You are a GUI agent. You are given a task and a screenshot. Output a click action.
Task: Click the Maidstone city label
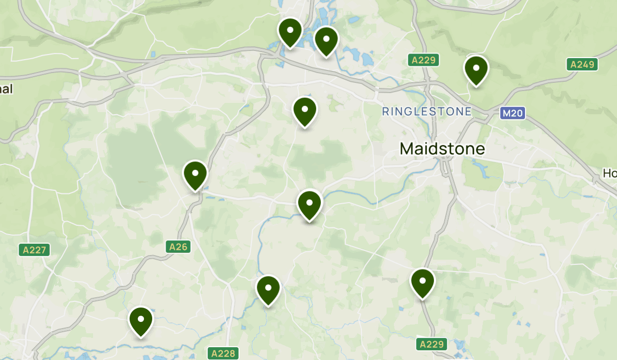pos(442,149)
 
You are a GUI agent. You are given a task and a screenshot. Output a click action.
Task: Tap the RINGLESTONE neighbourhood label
pos(427,111)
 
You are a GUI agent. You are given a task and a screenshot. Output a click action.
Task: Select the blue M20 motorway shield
pos(513,113)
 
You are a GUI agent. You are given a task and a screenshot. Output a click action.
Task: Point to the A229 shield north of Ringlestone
pos(424,60)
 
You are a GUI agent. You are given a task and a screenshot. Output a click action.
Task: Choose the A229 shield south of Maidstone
pos(431,344)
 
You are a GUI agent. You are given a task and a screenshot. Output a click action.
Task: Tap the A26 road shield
pos(179,247)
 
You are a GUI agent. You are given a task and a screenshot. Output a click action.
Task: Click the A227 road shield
pos(35,250)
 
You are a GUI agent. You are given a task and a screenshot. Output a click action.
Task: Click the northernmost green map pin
pos(290,32)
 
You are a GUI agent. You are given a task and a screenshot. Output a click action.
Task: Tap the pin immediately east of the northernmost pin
pos(326,40)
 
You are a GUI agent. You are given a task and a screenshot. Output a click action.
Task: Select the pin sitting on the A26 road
pos(195,175)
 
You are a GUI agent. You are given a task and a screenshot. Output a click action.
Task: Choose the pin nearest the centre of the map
pos(310,204)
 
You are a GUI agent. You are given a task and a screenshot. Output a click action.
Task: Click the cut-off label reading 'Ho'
pos(610,174)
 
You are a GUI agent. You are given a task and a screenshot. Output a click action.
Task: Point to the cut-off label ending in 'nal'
pos(6,88)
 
